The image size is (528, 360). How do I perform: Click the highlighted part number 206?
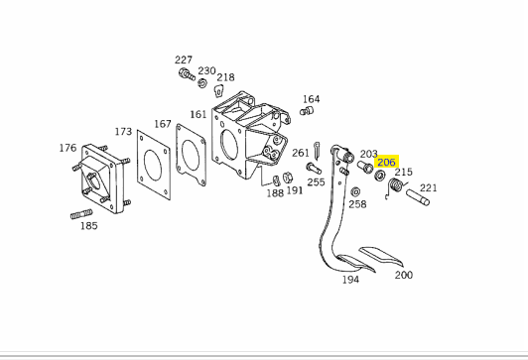click(x=386, y=163)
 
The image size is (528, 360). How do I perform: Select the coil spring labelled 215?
click(x=396, y=186)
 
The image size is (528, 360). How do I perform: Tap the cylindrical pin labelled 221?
click(x=418, y=197)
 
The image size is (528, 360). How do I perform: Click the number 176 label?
click(x=67, y=148)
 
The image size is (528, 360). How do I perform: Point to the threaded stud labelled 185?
click(x=81, y=214)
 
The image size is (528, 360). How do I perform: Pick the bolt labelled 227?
click(x=187, y=74)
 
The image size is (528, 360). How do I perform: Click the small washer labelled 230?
click(x=202, y=82)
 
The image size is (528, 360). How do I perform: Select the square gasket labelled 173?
click(x=154, y=165)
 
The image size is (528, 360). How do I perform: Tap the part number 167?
click(x=163, y=124)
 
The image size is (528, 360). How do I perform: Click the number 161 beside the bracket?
click(x=198, y=114)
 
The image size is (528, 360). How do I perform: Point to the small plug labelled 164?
click(x=307, y=111)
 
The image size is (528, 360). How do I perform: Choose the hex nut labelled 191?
click(x=287, y=177)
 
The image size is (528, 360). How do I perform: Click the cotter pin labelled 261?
click(x=317, y=151)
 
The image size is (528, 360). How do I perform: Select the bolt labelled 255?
click(x=314, y=169)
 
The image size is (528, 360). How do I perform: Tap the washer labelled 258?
click(x=355, y=192)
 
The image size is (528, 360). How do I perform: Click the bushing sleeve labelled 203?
click(x=365, y=167)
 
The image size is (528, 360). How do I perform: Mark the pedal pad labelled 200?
click(x=381, y=256)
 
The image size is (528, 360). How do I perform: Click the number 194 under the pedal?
click(x=350, y=280)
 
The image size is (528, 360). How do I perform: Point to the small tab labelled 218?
click(x=219, y=90)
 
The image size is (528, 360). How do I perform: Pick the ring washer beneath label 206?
click(x=380, y=176)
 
